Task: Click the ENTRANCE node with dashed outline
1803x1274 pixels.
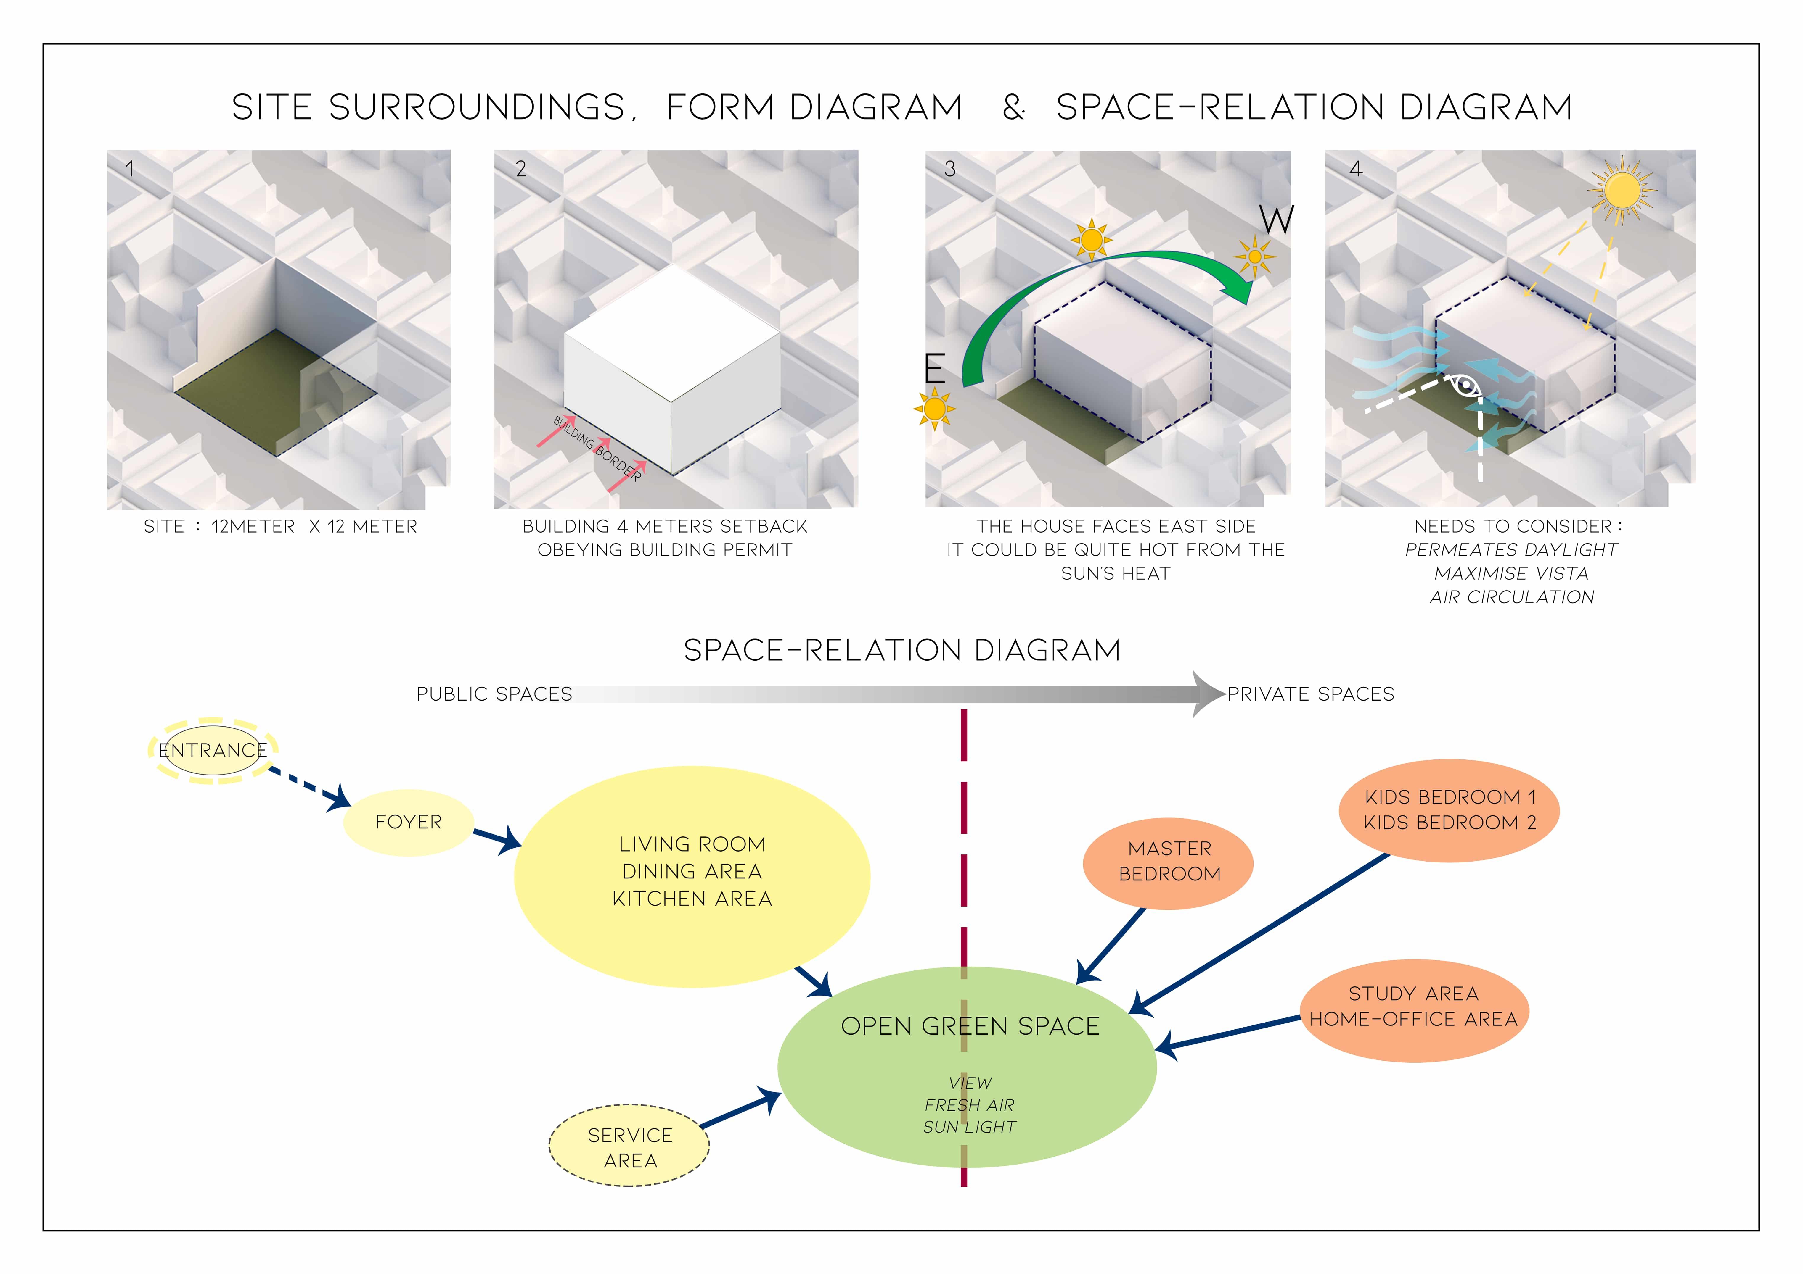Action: tap(213, 750)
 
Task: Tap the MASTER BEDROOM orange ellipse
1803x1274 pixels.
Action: tap(1169, 862)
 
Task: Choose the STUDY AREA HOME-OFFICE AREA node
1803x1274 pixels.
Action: tap(1413, 1007)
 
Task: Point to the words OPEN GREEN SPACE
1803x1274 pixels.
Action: tap(970, 1026)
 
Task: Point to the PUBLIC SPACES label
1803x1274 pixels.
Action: tap(494, 694)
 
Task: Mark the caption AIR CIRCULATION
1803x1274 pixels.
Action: tap(1512, 597)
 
